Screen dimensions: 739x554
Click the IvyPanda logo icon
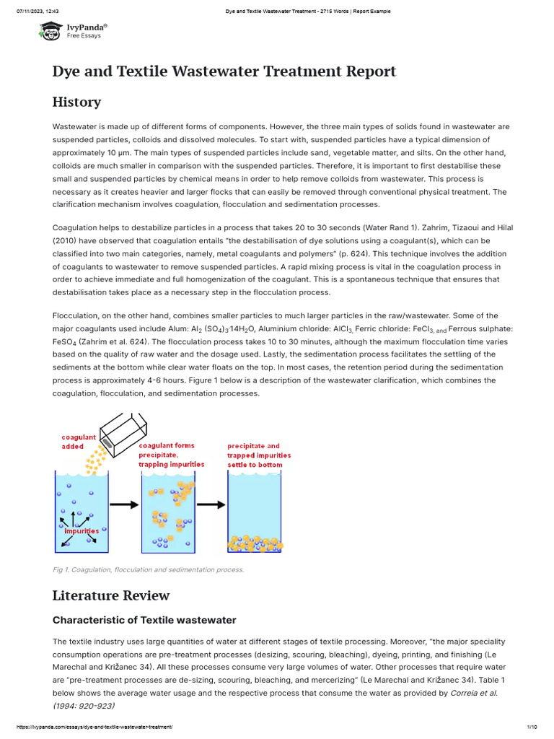[x=50, y=30]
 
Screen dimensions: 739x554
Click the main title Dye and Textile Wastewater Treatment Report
[x=224, y=71]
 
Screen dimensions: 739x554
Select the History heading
[x=76, y=102]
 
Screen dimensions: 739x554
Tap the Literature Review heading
[x=111, y=595]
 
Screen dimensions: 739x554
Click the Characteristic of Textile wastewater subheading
[x=144, y=620]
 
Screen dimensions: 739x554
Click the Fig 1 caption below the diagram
[x=148, y=569]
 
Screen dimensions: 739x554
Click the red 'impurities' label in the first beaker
[x=82, y=530]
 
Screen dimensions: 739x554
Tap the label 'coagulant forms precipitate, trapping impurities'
[x=171, y=455]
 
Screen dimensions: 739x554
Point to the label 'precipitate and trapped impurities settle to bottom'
[x=259, y=455]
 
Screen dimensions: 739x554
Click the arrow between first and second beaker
[x=125, y=505]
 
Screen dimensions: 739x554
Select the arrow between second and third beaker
[x=211, y=505]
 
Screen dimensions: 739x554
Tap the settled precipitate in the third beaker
[x=254, y=543]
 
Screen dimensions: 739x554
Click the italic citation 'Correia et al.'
[x=473, y=693]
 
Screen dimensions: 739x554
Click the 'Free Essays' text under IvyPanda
[x=84, y=35]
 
